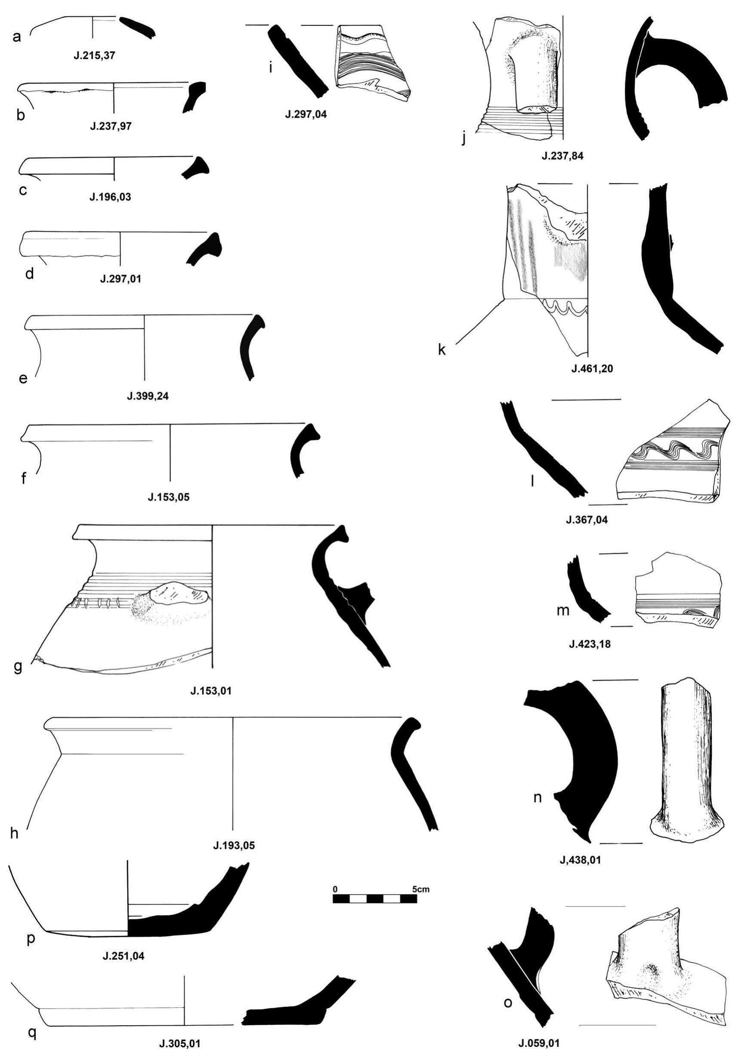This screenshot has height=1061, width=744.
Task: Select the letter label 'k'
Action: coord(442,350)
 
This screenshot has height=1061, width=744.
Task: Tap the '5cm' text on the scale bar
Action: coord(420,889)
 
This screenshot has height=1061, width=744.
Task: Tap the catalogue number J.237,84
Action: coord(562,156)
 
